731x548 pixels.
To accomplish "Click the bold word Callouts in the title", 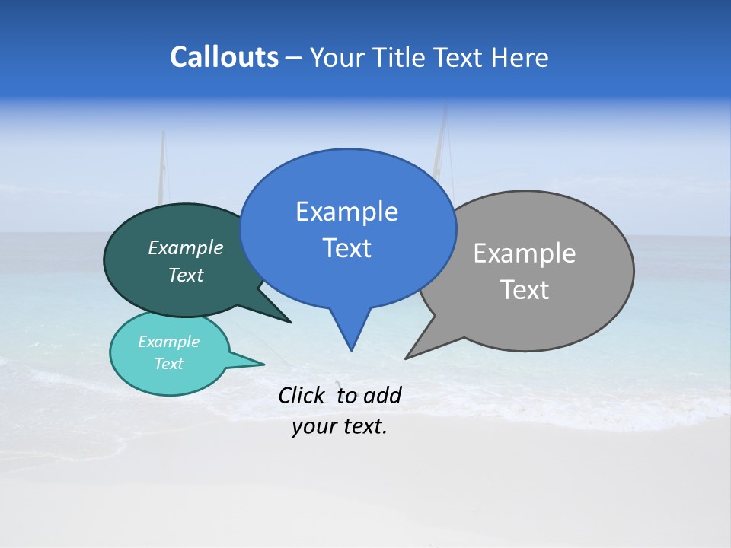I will [x=224, y=57].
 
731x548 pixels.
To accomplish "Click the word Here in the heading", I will [x=519, y=57].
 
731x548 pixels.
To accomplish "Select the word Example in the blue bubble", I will [x=346, y=211].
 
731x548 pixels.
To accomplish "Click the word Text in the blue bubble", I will [x=346, y=248].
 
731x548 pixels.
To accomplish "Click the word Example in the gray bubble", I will [x=525, y=253].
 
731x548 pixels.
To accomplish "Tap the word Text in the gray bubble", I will [x=525, y=290].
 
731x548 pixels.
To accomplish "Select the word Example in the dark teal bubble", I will [x=186, y=247].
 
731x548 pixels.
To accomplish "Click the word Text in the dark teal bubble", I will [x=186, y=276].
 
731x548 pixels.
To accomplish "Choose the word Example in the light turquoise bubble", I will [x=168, y=342].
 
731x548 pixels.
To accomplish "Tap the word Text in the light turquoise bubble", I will [x=168, y=364].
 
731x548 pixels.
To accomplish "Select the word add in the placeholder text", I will [x=381, y=395].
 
